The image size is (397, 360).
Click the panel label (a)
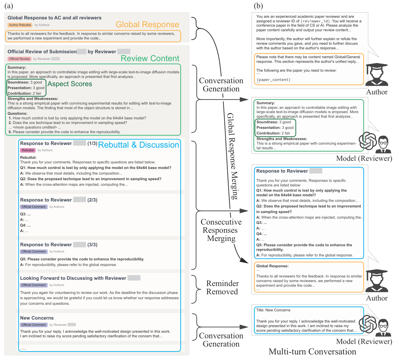pyautogui.click(x=9, y=6)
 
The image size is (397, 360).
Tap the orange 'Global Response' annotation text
pyautogui.click(x=147, y=25)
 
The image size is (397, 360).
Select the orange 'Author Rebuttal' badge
pyautogui.click(x=20, y=25)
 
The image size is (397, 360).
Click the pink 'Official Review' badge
pyautogui.click(x=19, y=59)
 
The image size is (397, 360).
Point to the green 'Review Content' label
pyautogui.click(x=150, y=59)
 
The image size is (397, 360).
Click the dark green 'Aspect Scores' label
pyautogui.click(x=70, y=84)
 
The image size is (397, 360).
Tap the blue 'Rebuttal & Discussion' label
pyautogui.click(x=138, y=145)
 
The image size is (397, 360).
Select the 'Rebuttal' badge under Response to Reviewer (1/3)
pyautogui.click(x=28, y=150)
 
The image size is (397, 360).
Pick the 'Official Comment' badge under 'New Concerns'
pyautogui.click(x=33, y=325)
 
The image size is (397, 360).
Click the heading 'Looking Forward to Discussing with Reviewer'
pyautogui.click(x=73, y=278)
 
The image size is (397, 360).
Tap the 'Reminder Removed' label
pyautogui.click(x=222, y=288)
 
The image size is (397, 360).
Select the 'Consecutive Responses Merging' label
pyautogui.click(x=221, y=230)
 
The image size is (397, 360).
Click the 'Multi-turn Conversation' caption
pyautogui.click(x=312, y=352)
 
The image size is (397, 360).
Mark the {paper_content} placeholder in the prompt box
pyautogui.click(x=273, y=80)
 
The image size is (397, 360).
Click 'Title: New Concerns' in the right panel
pyautogui.click(x=273, y=310)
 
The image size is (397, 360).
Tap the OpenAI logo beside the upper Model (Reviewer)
pyautogui.click(x=367, y=140)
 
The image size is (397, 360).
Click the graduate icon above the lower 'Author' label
pyautogui.click(x=377, y=281)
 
